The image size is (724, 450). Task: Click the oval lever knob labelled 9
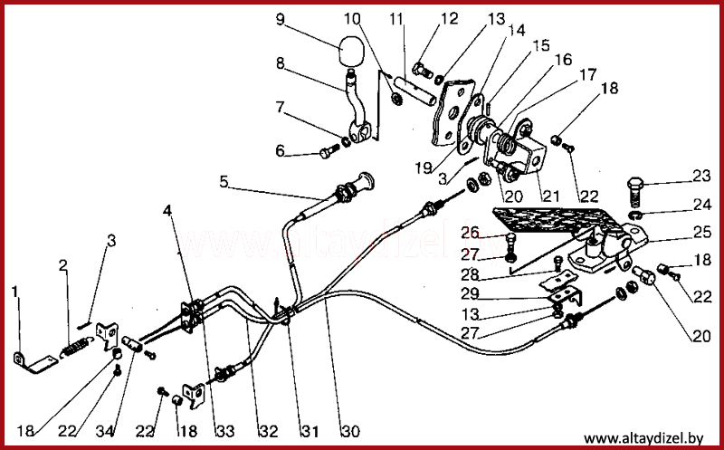pyautogui.click(x=351, y=51)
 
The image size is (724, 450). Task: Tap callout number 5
pyautogui.click(x=224, y=182)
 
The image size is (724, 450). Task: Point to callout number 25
pyautogui.click(x=702, y=232)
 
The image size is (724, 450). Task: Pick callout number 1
pyautogui.click(x=14, y=292)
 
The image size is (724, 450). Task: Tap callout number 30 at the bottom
pyautogui.click(x=350, y=431)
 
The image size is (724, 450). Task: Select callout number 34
pyautogui.click(x=105, y=431)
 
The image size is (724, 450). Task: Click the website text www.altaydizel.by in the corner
pyautogui.click(x=643, y=438)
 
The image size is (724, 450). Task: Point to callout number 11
pyautogui.click(x=396, y=20)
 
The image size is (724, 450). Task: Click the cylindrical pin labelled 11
pyautogui.click(x=414, y=91)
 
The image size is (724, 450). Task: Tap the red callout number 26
pyautogui.click(x=469, y=233)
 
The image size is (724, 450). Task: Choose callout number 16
pyautogui.click(x=563, y=60)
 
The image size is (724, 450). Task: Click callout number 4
pyautogui.click(x=167, y=211)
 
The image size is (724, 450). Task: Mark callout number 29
pyautogui.click(x=470, y=294)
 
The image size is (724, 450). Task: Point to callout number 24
pyautogui.click(x=702, y=204)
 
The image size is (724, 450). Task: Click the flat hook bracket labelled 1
pyautogui.click(x=35, y=363)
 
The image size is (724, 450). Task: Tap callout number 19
pyautogui.click(x=423, y=168)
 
